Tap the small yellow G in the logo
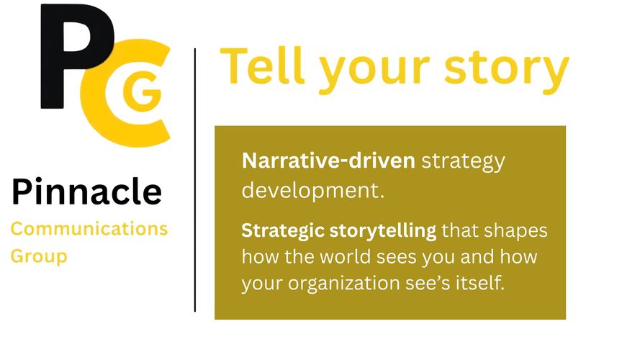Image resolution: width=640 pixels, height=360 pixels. click(x=142, y=93)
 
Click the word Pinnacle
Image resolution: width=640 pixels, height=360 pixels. click(x=86, y=191)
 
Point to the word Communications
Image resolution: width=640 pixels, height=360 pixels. click(x=89, y=228)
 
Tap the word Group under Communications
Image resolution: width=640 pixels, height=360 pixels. click(x=39, y=257)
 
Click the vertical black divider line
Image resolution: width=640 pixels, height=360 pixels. click(x=195, y=179)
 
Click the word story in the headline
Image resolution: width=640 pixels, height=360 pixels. click(x=507, y=70)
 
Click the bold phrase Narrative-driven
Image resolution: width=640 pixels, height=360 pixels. click(x=328, y=161)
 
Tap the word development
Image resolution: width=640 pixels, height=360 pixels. click(x=313, y=190)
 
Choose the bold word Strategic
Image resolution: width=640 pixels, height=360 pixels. click(x=282, y=231)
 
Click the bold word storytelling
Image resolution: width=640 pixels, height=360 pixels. click(x=383, y=231)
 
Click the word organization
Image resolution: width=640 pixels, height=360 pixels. click(x=343, y=283)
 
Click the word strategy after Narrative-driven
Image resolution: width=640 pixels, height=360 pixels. click(x=464, y=162)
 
